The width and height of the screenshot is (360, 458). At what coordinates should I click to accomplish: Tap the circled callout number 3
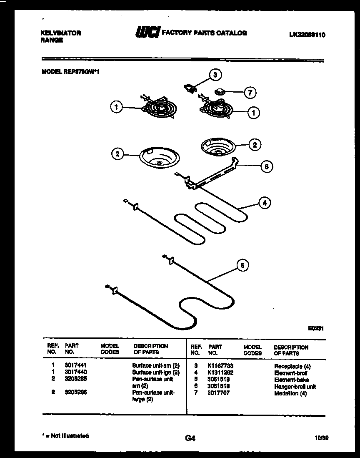pos(215,75)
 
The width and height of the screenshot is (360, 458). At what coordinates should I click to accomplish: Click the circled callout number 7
pos(250,93)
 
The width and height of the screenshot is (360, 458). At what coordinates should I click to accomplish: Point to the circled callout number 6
pos(267,166)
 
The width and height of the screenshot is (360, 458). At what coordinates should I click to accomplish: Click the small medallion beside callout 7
pos(220,91)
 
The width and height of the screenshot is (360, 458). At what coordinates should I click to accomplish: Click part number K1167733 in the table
pos(221,367)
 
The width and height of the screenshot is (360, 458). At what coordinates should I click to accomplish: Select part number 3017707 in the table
pos(219,393)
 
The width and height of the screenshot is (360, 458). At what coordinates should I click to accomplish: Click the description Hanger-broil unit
pos(295,387)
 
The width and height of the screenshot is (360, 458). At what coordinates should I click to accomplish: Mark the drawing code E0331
pos(316,328)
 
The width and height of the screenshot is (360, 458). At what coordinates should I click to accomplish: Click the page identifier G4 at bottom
pos(189,438)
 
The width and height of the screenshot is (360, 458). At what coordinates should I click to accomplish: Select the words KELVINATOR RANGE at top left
pos(61,37)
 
